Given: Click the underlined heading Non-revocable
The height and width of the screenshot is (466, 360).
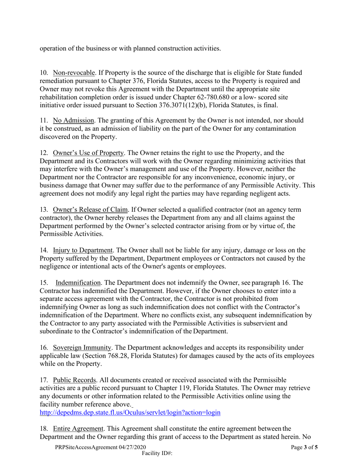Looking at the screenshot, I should (x=74, y=72).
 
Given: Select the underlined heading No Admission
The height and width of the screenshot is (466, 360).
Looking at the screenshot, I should (x=74, y=120).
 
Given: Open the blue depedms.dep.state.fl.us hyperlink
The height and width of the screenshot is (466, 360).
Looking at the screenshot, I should (x=130, y=413).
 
